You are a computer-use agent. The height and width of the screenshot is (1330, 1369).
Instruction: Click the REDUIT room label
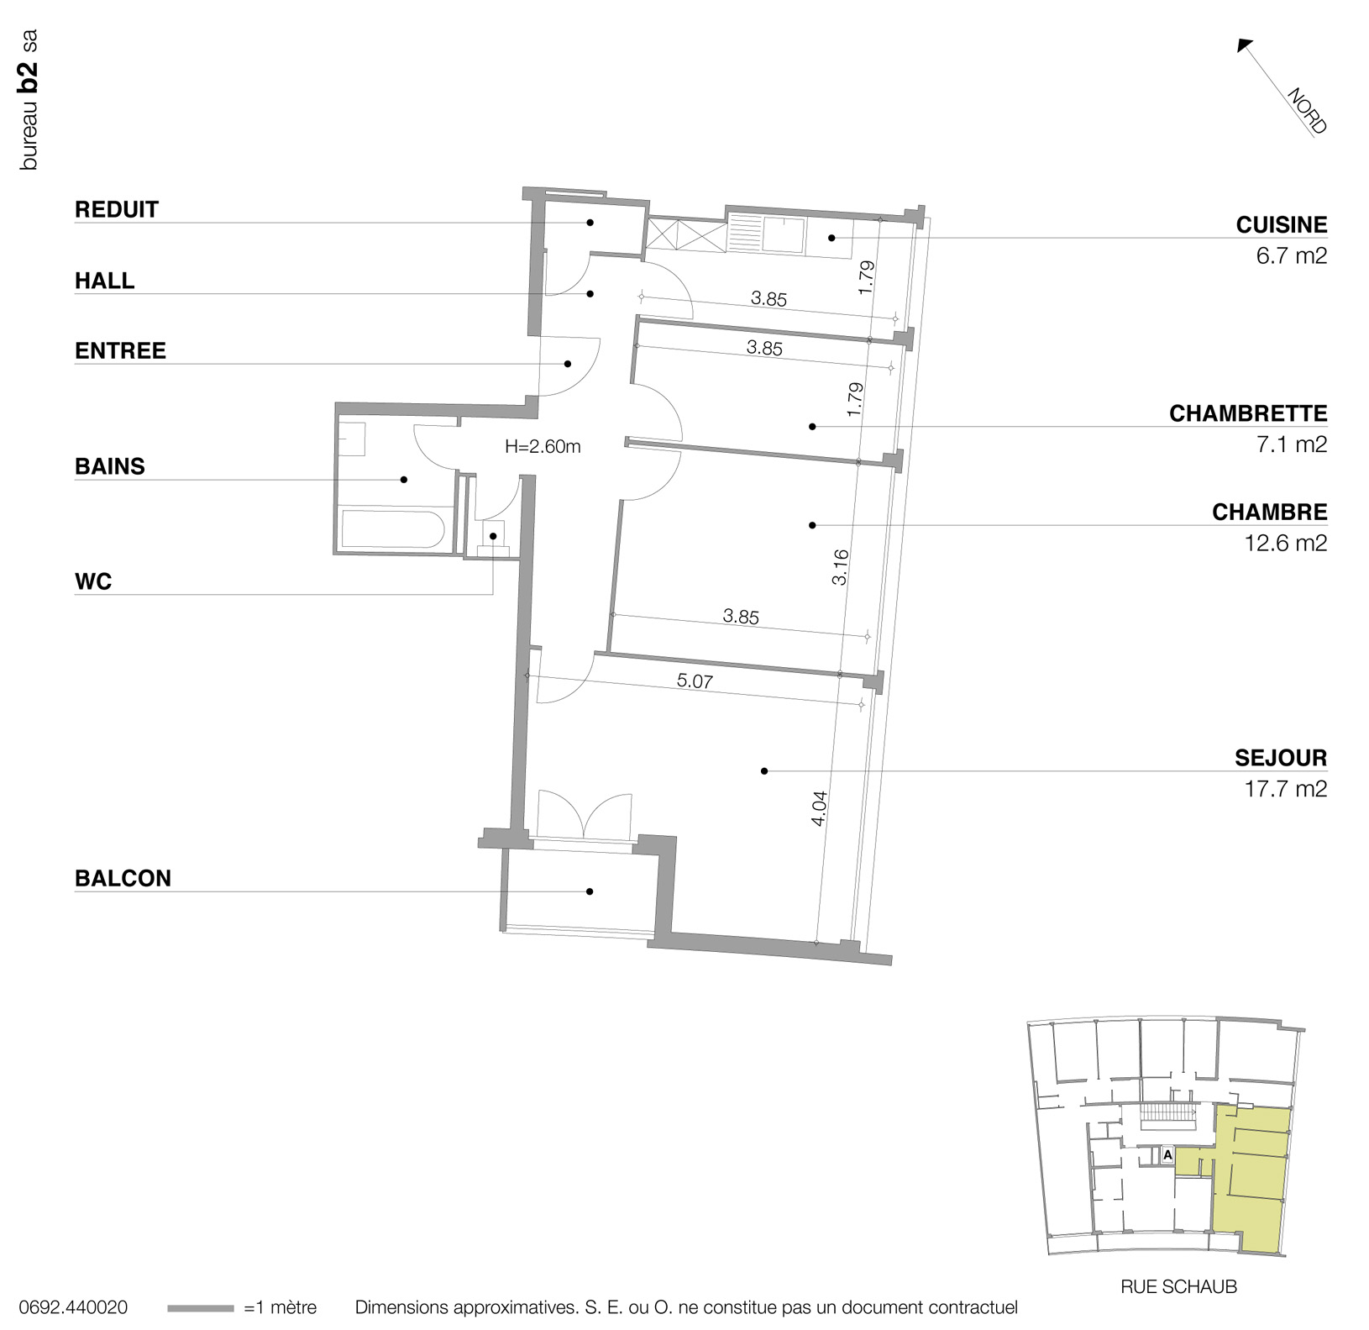coord(116,209)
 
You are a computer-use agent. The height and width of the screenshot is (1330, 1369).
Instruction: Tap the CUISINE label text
coord(1281,225)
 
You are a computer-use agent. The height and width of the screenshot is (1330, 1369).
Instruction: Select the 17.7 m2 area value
coord(1285,789)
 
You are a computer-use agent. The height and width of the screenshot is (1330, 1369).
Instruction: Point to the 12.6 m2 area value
coord(1285,543)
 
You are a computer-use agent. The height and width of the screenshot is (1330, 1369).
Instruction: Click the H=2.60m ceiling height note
coord(543,447)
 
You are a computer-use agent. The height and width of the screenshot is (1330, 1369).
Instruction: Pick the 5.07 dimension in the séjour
coord(695,681)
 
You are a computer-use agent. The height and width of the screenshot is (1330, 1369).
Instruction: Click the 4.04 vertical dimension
coord(820,808)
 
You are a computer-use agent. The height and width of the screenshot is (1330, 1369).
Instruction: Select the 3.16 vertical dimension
coord(841,567)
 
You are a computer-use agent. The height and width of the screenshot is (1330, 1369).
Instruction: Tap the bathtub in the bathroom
coord(392,530)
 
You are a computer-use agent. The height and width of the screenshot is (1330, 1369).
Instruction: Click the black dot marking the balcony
coord(590,891)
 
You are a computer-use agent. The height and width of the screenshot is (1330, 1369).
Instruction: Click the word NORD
coord(1307,111)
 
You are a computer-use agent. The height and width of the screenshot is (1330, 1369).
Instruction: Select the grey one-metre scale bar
coord(200,1308)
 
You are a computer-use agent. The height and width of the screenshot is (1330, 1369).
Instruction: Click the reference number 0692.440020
coord(73,1308)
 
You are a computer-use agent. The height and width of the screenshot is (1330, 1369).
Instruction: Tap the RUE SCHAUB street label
coord(1178,1286)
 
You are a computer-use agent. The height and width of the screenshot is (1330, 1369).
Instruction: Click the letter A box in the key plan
coord(1167,1155)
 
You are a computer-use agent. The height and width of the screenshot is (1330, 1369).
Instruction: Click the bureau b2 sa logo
coord(29,101)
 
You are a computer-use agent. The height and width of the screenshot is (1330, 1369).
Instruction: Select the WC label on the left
coord(92,581)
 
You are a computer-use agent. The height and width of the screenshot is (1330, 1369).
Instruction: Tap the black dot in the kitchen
coord(831,238)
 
